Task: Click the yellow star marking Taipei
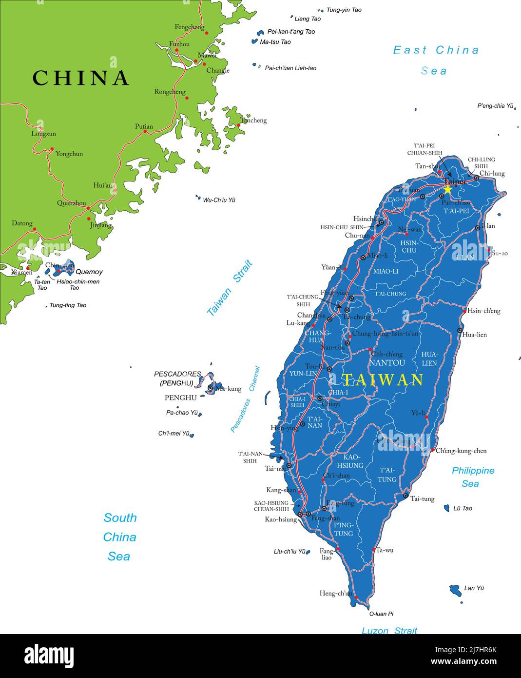click(447, 189)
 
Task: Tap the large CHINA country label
click(81, 78)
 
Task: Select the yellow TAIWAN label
click(382, 380)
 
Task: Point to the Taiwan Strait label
click(230, 288)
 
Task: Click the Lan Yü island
click(455, 591)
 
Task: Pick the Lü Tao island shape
click(446, 508)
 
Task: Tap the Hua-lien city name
click(474, 335)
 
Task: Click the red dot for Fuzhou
click(177, 50)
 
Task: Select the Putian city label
click(144, 126)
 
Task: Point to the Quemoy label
click(89, 272)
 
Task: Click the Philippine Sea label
click(472, 477)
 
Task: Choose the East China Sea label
click(436, 60)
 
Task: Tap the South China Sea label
click(119, 537)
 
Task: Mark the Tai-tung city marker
click(405, 496)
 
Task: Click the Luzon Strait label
click(389, 630)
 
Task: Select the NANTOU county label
click(387, 363)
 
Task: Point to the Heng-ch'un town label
click(335, 593)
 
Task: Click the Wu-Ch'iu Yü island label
click(219, 200)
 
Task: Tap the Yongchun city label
click(69, 154)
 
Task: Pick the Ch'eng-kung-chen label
click(461, 451)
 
